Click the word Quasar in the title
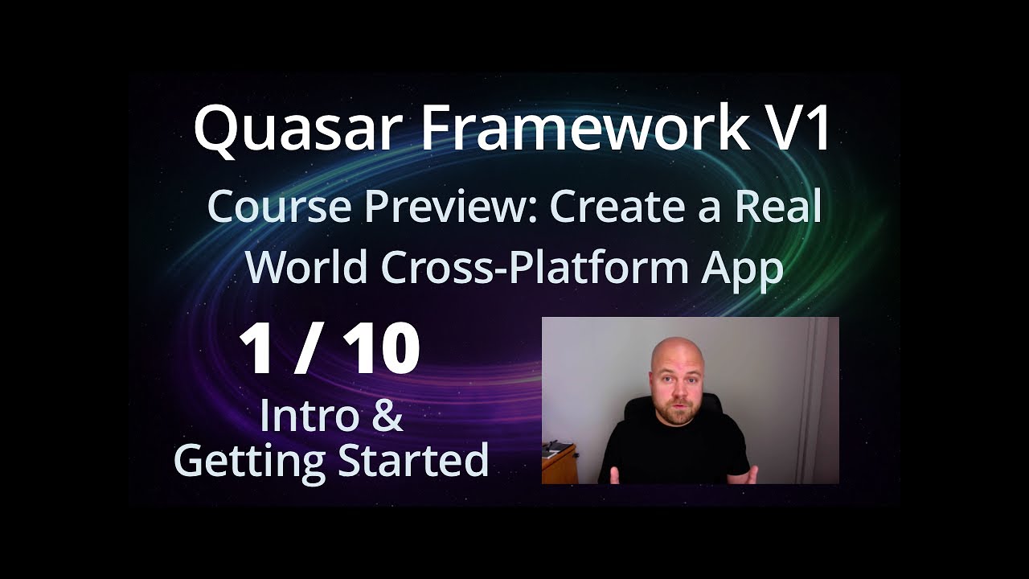(x=294, y=129)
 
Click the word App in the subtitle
(x=742, y=271)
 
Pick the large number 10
(x=380, y=348)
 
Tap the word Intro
(x=310, y=416)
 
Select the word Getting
(x=249, y=462)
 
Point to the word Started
(x=413, y=459)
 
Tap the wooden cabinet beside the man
(x=559, y=463)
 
